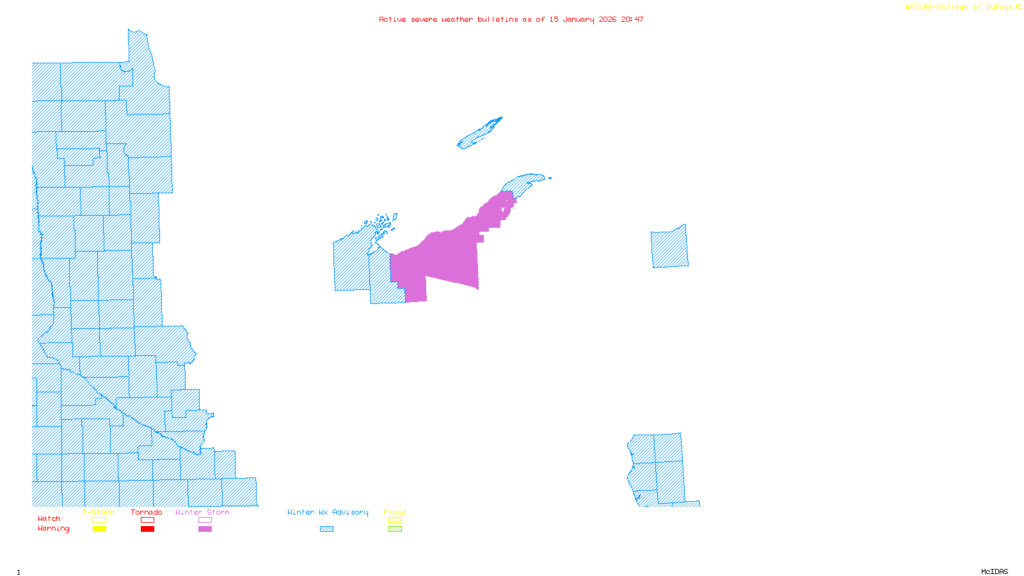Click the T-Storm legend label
pyautogui.click(x=99, y=512)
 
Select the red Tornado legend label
pyautogui.click(x=147, y=512)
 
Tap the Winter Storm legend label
pyautogui.click(x=202, y=512)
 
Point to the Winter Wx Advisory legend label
pyautogui.click(x=328, y=512)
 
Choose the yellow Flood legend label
pyautogui.click(x=395, y=512)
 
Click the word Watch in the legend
pyautogui.click(x=49, y=519)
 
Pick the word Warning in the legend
pyautogui.click(x=54, y=529)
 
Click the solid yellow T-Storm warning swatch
pyautogui.click(x=99, y=529)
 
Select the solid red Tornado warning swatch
pyautogui.click(x=147, y=529)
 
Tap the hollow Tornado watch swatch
pyautogui.click(x=147, y=520)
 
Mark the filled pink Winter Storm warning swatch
pyautogui.click(x=205, y=529)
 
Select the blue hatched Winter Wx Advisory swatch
pyautogui.click(x=326, y=529)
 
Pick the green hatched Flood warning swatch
pyautogui.click(x=395, y=529)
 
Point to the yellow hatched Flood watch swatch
pyautogui.click(x=395, y=520)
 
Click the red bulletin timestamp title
pyautogui.click(x=511, y=19)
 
